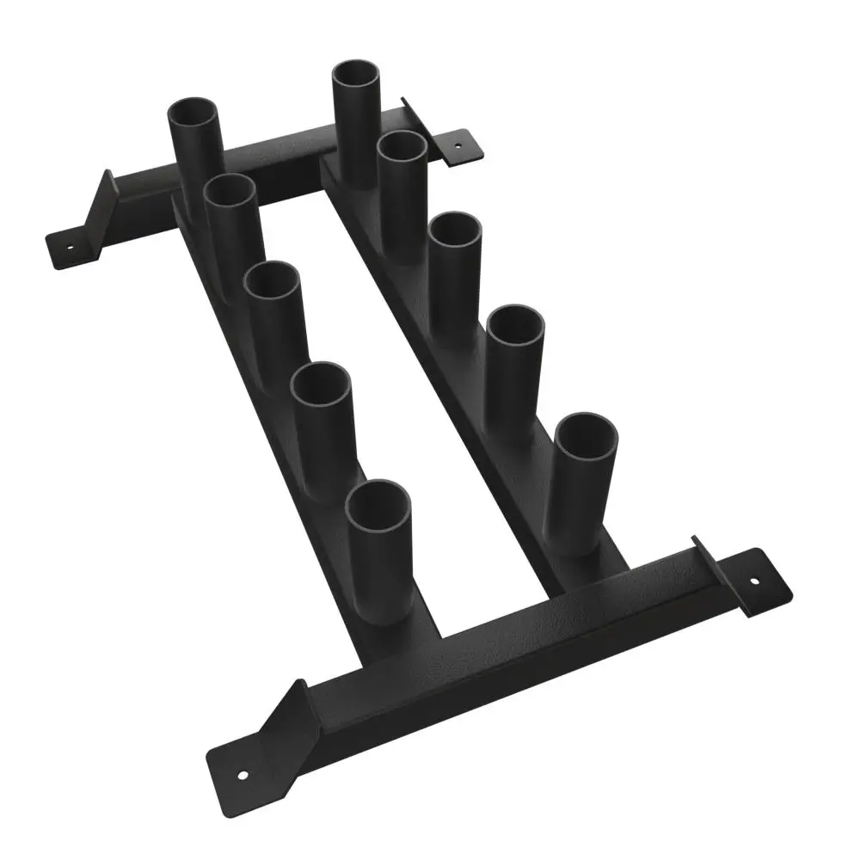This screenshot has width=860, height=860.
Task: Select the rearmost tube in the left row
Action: (194, 116)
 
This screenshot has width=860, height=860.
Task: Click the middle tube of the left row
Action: (272, 284)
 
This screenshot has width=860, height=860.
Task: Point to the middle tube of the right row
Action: (455, 233)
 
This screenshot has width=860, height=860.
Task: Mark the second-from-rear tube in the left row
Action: (230, 193)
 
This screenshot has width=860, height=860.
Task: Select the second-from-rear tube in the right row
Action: (402, 150)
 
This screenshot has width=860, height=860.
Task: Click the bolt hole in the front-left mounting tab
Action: (243, 775)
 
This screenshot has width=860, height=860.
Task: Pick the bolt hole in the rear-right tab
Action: (456, 145)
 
